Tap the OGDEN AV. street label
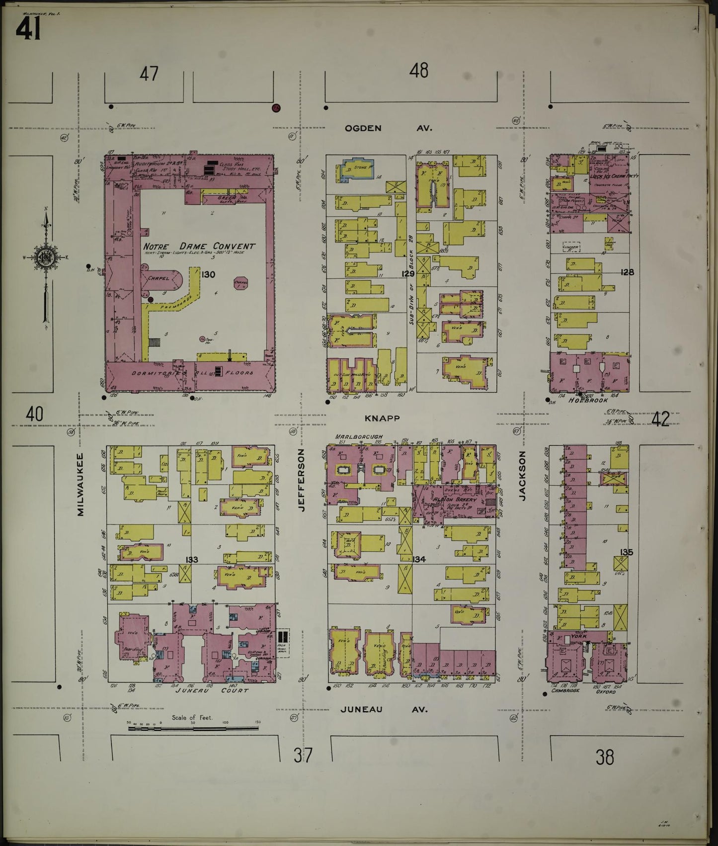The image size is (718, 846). point(388,128)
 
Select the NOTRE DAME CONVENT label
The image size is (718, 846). point(199,246)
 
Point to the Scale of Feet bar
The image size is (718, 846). point(193,729)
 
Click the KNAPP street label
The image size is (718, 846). point(381,419)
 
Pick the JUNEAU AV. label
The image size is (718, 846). point(384,709)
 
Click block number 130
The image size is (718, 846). point(208,274)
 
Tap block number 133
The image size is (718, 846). point(191,560)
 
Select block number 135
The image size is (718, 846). point(626,552)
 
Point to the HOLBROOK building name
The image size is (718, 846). point(588,401)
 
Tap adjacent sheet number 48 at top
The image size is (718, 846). point(418,71)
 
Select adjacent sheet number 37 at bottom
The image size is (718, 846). point(303,756)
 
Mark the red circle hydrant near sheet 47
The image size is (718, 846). point(276,107)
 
